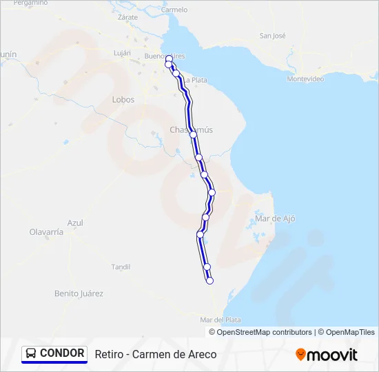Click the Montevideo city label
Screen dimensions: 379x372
coord(305,79)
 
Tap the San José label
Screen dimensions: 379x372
coord(272,36)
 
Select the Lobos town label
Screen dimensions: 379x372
coord(123,100)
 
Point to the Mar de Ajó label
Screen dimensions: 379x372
coord(275,218)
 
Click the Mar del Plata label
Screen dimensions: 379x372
coord(220,320)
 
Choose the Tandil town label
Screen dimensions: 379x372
coord(121,267)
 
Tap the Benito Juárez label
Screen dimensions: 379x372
coord(79,293)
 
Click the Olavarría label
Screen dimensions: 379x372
coord(46,232)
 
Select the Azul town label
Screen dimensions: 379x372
coord(75,223)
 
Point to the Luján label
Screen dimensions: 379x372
coord(122,53)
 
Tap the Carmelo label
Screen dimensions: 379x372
coord(174,10)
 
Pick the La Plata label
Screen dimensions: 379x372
coord(195,80)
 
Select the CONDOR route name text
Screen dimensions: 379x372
coord(62,353)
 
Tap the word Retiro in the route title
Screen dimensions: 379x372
coord(108,354)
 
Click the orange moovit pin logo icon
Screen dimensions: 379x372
coord(300,354)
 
